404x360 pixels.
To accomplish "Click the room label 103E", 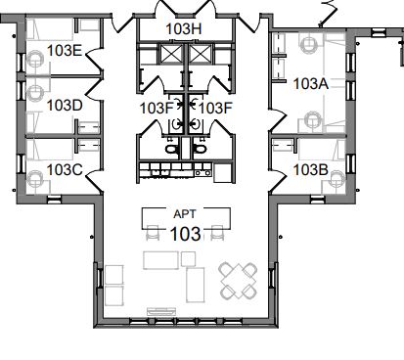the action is [65, 51].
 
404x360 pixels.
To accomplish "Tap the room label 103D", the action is [65, 106].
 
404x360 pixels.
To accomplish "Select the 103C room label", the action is [65, 170].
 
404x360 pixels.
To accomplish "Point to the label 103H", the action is [184, 29].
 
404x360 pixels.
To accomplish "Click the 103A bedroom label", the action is [311, 84].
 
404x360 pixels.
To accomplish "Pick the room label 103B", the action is [311, 170].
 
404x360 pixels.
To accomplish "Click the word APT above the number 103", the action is [185, 214].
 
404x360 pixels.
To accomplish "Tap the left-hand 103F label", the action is [156, 108].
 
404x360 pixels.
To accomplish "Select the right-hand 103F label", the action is [215, 108].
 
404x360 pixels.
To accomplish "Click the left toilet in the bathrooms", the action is [171, 150].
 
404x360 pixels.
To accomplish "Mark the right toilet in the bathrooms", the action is [200, 150].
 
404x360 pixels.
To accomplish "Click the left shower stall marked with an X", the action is [171, 54].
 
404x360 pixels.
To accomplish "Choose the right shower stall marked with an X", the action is [200, 54].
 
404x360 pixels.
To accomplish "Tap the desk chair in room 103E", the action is [35, 59].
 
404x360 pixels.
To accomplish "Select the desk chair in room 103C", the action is [35, 179].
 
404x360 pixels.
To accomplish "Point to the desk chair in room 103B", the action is [337, 179].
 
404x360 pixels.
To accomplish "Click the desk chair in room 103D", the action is [35, 93].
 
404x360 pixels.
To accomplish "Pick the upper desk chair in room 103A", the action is [308, 45].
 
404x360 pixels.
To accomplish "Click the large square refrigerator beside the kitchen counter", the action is [223, 173].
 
